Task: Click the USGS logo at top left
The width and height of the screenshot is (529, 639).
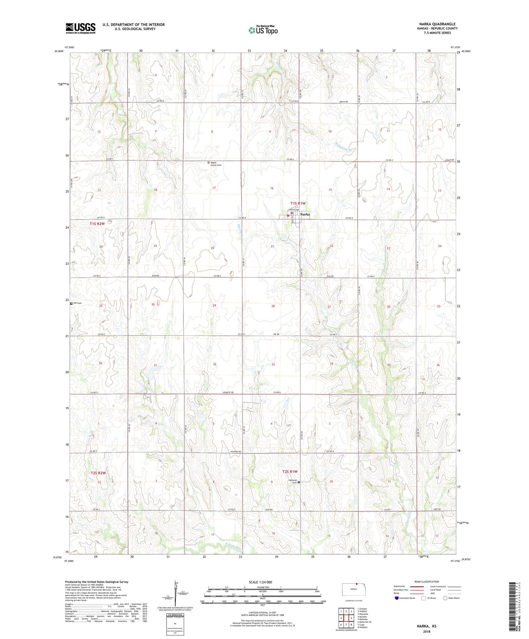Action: (x=80, y=28)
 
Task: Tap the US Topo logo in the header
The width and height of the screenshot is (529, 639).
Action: (x=263, y=30)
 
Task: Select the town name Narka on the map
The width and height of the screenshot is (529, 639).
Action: (x=305, y=214)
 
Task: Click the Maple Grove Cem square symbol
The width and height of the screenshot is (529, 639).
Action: (x=208, y=162)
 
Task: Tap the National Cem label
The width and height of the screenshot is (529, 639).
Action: (x=293, y=481)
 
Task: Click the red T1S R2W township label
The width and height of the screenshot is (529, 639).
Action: (x=97, y=224)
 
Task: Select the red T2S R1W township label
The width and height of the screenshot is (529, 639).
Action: (x=290, y=472)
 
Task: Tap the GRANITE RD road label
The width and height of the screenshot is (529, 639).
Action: (x=228, y=392)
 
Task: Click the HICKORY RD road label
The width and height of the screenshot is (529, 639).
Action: (x=235, y=451)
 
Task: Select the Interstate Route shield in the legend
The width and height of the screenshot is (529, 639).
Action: (x=397, y=598)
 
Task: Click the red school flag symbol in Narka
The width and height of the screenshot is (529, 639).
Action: (x=288, y=216)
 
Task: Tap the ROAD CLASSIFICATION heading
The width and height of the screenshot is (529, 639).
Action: (x=427, y=582)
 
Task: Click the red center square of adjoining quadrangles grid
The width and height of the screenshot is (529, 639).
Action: (x=346, y=618)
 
